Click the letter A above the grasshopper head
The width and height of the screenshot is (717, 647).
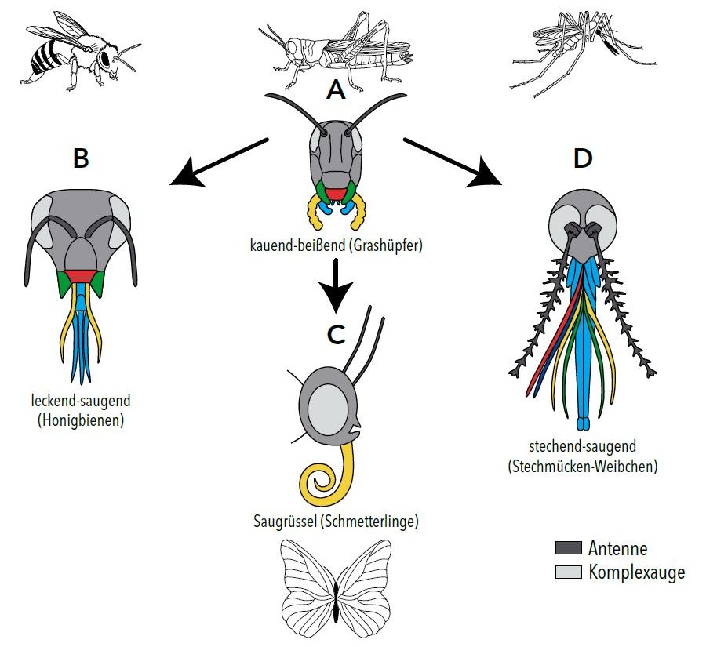[x=336, y=92]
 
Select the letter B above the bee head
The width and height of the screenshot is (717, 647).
[x=81, y=158]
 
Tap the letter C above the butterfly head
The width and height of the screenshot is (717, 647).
[x=336, y=334]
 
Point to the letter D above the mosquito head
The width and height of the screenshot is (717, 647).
[x=582, y=158]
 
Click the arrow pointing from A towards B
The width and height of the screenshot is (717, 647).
[x=217, y=163]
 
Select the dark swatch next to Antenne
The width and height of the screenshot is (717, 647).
[x=568, y=548]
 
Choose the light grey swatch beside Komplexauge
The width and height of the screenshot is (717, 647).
[x=568, y=572]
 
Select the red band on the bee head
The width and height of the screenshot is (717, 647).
[x=80, y=274]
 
